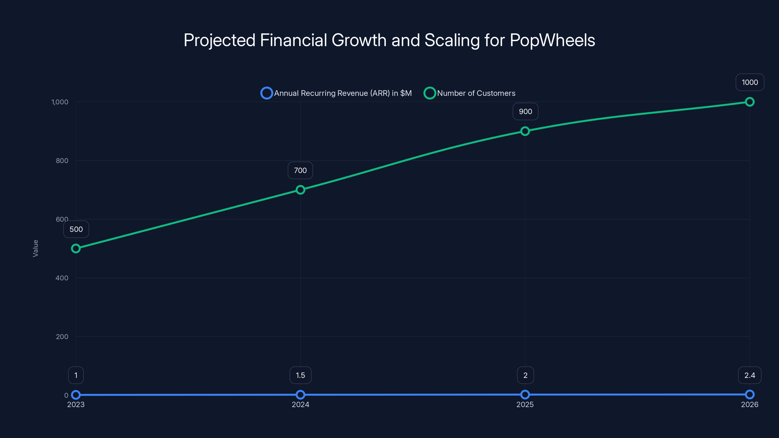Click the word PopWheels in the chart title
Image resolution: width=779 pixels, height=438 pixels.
552,40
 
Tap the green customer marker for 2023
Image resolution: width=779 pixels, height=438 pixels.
76,248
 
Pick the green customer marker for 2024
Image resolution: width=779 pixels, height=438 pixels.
300,190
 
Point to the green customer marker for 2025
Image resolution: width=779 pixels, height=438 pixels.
525,131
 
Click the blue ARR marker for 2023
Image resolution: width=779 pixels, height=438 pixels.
76,394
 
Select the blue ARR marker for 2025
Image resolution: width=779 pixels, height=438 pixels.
525,394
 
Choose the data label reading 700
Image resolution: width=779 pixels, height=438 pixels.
300,171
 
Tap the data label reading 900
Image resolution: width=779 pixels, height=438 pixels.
525,111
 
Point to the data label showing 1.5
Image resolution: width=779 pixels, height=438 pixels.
300,375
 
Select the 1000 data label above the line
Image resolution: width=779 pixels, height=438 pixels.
750,82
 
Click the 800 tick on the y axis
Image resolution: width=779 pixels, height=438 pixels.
62,161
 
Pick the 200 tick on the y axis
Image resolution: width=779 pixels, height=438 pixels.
62,337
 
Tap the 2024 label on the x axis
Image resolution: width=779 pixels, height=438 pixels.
300,404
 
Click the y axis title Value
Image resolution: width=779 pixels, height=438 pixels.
35,248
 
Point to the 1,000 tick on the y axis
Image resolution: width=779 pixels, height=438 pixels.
60,102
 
